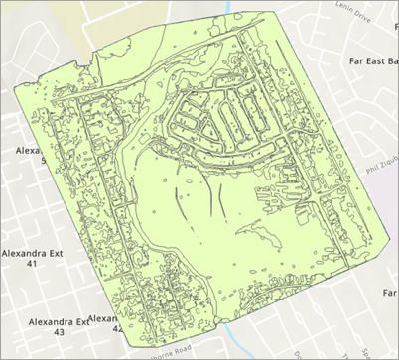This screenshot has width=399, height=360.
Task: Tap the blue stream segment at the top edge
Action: point(226,8)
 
